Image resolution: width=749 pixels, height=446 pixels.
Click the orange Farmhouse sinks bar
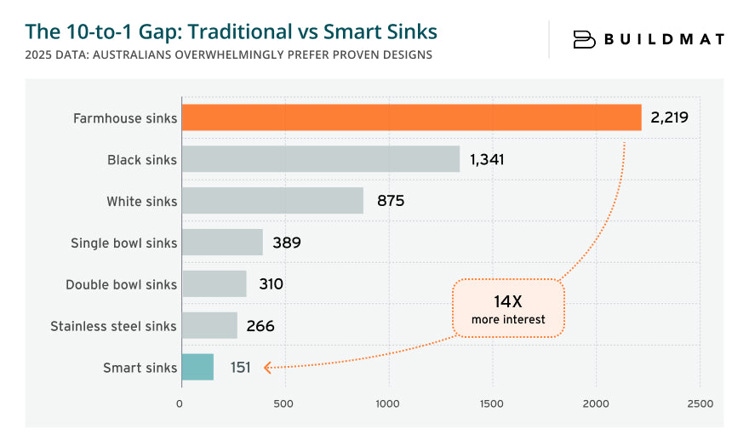411,117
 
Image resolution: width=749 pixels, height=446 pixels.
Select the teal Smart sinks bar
197,367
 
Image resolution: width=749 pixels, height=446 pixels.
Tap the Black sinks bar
321,159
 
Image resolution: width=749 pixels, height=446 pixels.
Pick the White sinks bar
272,201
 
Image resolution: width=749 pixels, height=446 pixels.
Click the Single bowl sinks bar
222,243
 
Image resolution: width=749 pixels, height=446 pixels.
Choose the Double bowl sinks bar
214,284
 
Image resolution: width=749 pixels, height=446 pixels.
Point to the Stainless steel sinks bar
209,325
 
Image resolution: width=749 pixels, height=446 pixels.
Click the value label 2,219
669,117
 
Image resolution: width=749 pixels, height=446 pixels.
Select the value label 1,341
487,159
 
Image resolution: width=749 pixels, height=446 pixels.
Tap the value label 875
391,201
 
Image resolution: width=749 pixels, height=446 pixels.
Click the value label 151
240,368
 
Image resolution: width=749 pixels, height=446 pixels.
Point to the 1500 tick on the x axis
492,403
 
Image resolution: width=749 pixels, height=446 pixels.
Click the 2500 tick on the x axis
700,403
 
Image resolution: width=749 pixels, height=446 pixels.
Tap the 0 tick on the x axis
180,403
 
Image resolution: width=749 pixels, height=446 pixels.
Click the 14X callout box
508,309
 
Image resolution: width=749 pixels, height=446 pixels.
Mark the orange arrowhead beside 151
267,368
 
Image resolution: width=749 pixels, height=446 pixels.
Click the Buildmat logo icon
584,39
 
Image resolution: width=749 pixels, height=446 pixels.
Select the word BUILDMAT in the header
664,39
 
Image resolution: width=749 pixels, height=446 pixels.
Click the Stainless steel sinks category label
113,326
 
